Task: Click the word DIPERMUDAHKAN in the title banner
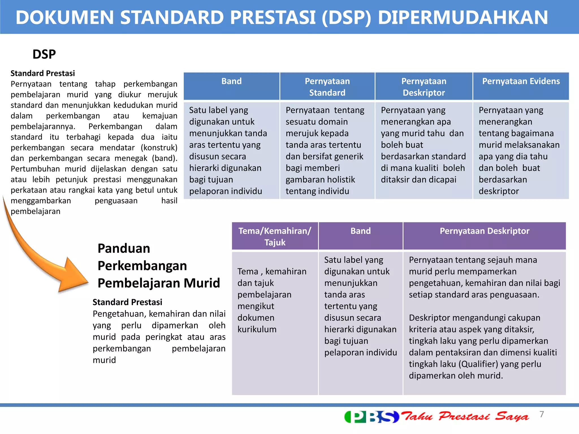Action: tap(463, 18)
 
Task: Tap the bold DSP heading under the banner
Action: tap(44, 54)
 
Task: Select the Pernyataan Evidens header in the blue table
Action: tap(521, 81)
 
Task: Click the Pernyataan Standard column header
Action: tap(327, 87)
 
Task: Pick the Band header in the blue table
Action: tap(231, 81)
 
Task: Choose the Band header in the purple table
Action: tap(360, 231)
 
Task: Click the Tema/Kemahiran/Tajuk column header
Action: tap(275, 236)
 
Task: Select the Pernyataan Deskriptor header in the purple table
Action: tap(484, 231)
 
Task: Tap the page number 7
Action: tap(541, 414)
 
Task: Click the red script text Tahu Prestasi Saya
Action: tap(465, 416)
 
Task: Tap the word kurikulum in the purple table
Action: tap(257, 329)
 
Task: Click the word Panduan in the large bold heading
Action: tap(124, 249)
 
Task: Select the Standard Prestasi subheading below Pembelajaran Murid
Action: tap(127, 302)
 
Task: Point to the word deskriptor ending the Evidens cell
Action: tap(499, 191)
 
